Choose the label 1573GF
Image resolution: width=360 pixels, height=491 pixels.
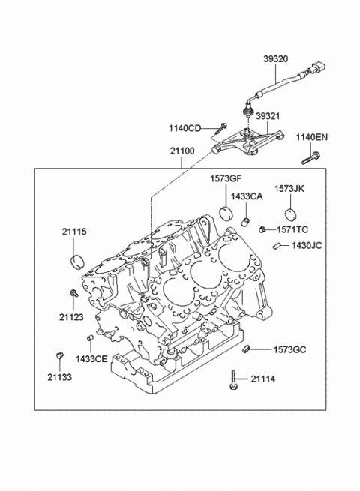point(224,179)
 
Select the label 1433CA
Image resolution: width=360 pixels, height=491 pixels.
point(246,196)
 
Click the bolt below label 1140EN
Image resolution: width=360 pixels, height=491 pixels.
point(310,158)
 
